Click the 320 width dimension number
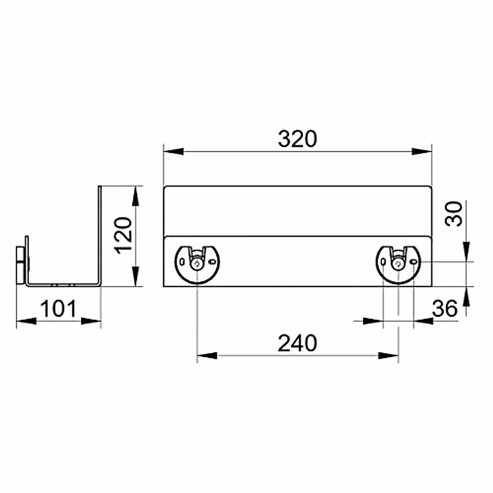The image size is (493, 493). (x=297, y=139)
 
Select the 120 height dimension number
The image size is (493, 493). (x=123, y=235)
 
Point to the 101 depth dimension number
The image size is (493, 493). (x=59, y=309)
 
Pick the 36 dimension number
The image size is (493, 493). (x=445, y=309)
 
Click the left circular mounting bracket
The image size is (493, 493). (x=197, y=265)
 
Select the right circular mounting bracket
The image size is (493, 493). (x=398, y=265)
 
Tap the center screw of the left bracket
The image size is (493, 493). (x=197, y=264)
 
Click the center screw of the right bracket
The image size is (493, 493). (x=398, y=264)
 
